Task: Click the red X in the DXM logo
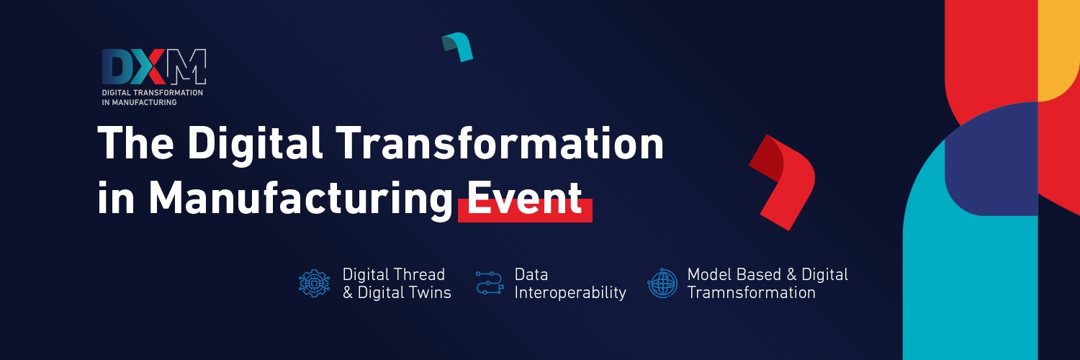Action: point(150,68)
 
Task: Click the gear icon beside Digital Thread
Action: point(314,284)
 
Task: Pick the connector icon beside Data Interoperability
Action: point(489,284)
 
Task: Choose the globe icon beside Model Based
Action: point(662,284)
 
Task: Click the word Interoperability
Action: point(570,293)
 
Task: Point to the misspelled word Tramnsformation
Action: point(752,293)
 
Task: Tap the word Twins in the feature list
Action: point(429,293)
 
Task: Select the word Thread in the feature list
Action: point(421,274)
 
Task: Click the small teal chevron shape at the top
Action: point(459,47)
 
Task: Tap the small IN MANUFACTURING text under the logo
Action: point(139,102)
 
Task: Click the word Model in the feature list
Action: point(708,274)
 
